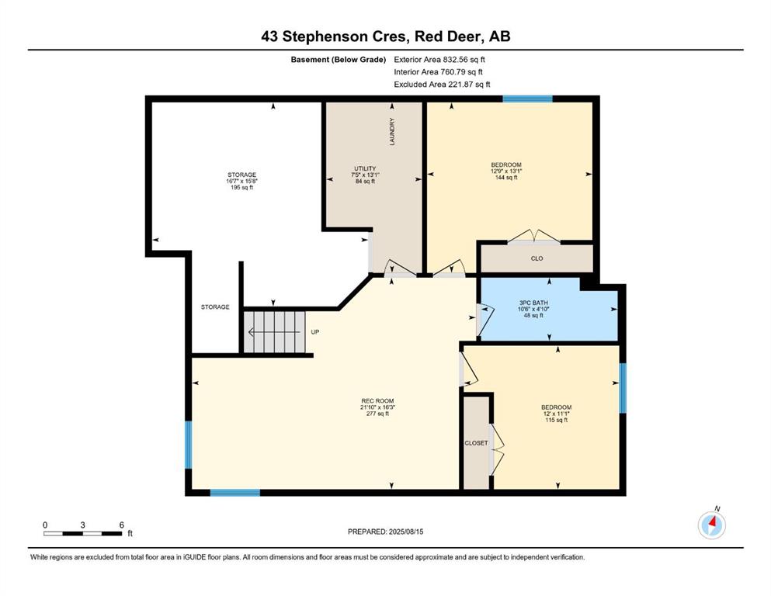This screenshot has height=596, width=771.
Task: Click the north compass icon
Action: click(x=711, y=525)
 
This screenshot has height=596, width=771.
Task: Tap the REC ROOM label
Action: click(x=377, y=407)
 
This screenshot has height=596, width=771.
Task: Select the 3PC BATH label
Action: click(x=533, y=309)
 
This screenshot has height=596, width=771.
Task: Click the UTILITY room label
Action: click(x=366, y=175)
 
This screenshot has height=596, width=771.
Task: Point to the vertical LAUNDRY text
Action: click(x=392, y=132)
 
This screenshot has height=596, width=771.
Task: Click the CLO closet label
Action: click(x=537, y=258)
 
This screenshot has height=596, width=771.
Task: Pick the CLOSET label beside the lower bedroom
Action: click(x=477, y=443)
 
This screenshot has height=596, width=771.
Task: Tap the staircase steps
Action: click(x=274, y=331)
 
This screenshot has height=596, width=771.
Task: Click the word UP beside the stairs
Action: click(x=315, y=332)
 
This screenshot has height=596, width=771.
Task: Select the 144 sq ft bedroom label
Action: click(x=506, y=171)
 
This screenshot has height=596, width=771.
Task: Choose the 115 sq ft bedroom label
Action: click(x=556, y=414)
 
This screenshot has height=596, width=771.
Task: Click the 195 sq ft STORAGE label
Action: click(x=242, y=181)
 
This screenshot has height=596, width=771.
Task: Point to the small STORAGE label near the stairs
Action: click(x=215, y=307)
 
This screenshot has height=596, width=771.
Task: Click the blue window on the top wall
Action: click(x=528, y=99)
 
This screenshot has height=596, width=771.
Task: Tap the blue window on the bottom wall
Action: click(x=235, y=492)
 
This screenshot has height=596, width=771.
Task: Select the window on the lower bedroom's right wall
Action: click(x=623, y=388)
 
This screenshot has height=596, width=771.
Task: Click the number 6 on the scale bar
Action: click(x=121, y=525)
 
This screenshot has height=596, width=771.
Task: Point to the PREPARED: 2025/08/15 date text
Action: click(x=385, y=532)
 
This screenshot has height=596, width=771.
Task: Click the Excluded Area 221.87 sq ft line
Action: click(x=442, y=85)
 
